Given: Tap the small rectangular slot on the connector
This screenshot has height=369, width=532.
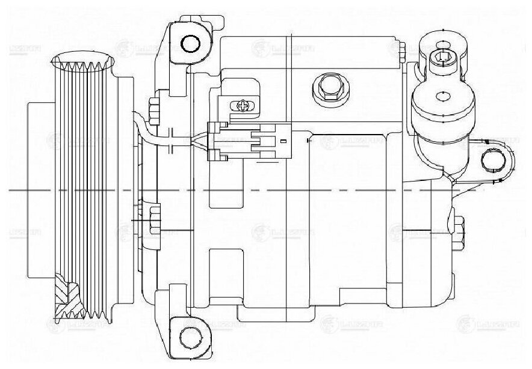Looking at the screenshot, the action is pos(281,141).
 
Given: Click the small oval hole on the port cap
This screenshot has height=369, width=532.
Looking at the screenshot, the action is pos(444,94).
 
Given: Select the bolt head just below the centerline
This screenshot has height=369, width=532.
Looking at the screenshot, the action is pos(153,215).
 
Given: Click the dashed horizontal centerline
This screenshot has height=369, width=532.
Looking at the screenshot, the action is pos(301,190).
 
